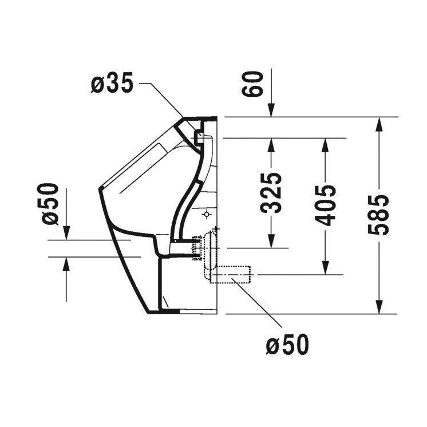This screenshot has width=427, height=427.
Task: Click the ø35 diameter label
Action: click(x=112, y=84)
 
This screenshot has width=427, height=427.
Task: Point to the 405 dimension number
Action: click(x=325, y=205)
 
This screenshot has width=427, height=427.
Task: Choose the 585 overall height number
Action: click(x=378, y=215)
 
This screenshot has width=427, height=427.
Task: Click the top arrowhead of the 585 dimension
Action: click(x=378, y=122)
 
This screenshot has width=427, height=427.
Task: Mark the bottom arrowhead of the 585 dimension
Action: click(x=378, y=307)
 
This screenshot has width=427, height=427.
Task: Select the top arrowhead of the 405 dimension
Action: click(x=325, y=144)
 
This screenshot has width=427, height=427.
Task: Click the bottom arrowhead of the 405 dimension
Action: click(x=325, y=268)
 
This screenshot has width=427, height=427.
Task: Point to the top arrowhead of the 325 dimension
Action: click(x=271, y=144)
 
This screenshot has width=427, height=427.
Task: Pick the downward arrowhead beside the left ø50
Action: click(x=66, y=233)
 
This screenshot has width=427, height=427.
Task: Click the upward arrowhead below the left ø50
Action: click(x=66, y=264)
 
